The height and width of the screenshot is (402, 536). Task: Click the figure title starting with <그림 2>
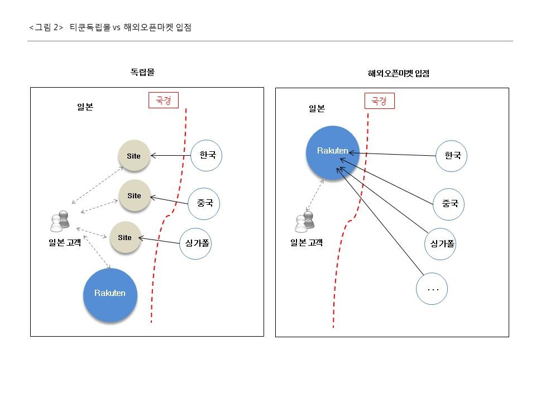click(110, 27)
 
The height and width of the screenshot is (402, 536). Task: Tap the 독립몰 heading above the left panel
click(142, 72)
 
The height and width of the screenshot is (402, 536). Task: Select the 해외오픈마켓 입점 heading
click(398, 73)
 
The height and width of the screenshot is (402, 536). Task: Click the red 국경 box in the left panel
click(163, 100)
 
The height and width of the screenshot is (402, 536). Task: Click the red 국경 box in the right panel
click(379, 101)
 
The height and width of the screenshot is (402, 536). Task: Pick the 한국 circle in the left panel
click(207, 155)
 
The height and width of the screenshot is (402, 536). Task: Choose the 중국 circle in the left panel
click(204, 203)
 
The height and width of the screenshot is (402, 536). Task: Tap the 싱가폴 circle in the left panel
click(195, 243)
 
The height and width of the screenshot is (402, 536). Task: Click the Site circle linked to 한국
click(134, 156)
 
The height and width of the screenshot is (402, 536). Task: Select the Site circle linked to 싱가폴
click(125, 237)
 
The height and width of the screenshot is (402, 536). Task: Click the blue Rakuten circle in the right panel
click(333, 152)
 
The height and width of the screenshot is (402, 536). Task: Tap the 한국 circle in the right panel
click(451, 156)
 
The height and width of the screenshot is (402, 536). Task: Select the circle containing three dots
click(432, 289)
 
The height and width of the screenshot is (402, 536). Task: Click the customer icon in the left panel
click(60, 222)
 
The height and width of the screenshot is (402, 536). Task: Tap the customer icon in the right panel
click(305, 222)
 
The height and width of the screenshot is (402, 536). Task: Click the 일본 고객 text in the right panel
click(307, 242)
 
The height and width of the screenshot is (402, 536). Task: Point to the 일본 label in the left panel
click(85, 107)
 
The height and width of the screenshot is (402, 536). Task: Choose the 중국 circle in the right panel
click(449, 204)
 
